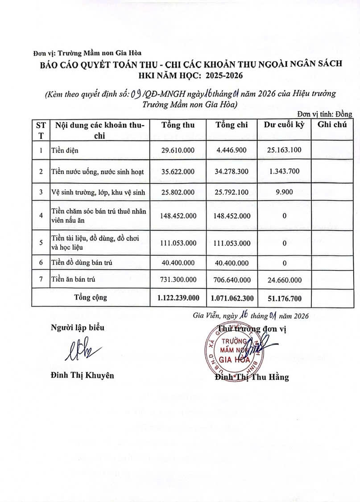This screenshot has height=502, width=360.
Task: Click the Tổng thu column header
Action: point(178,125)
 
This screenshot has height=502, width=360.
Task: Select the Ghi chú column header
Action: point(332,125)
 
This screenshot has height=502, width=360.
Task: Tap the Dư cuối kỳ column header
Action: point(284,125)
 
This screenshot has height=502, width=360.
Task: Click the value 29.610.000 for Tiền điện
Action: point(178,150)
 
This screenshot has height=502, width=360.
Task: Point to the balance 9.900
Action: point(284,192)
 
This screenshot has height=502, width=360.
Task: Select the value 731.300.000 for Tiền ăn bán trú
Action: point(178,280)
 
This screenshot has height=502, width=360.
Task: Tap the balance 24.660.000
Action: point(284,280)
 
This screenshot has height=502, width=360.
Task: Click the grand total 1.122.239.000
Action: point(178,297)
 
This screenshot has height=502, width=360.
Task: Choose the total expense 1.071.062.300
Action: point(232,297)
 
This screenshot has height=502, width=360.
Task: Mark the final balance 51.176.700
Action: point(284,297)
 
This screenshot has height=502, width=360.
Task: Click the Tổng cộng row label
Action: point(91,297)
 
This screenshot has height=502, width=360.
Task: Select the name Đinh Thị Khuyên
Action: point(82,375)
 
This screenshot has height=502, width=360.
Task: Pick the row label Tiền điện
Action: point(65,150)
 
